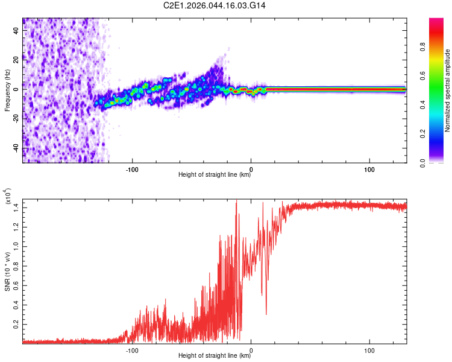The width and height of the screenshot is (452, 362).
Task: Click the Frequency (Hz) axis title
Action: pyautogui.click(x=7, y=91)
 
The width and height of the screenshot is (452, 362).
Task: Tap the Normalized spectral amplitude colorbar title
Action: pyautogui.click(x=448, y=91)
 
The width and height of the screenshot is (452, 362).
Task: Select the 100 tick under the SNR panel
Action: pyautogui.click(x=369, y=349)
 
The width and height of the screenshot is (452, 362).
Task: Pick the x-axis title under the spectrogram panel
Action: pyautogui.click(x=215, y=176)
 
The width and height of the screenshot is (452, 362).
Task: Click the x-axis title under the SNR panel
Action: pyautogui.click(x=215, y=356)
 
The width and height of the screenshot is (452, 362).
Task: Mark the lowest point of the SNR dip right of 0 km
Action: pyautogui.click(x=266, y=314)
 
